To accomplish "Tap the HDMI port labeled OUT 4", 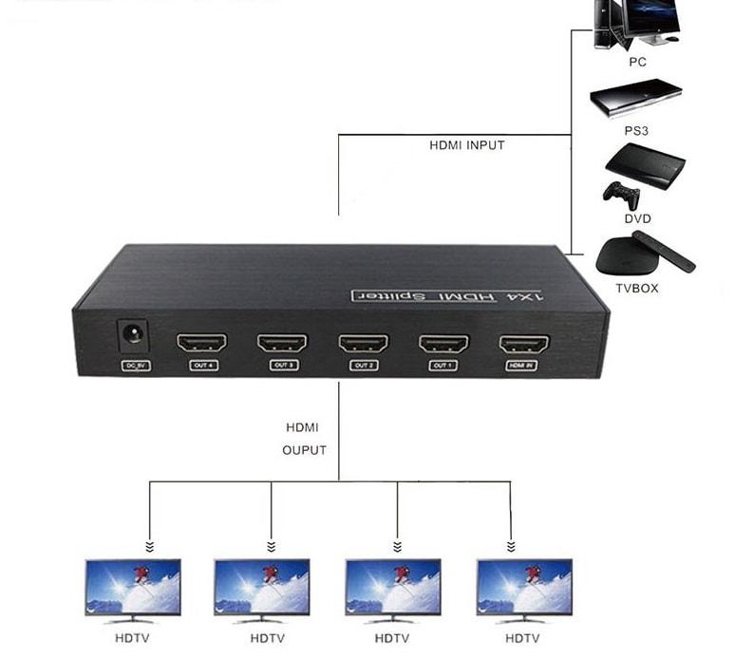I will (x=202, y=342).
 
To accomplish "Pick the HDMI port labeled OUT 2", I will (x=364, y=342).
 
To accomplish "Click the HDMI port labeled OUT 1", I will (x=443, y=342).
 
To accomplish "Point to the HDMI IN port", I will (x=523, y=343).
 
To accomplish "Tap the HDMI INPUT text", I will (x=467, y=145).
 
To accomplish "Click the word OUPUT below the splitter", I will (x=304, y=449).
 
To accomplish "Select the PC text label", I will (x=638, y=62).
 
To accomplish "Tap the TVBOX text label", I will (x=638, y=288).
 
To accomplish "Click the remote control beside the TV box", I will (x=671, y=255).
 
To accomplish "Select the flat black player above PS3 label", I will (x=636, y=96).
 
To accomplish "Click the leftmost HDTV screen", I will (x=133, y=586).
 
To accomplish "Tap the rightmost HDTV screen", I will (x=524, y=586).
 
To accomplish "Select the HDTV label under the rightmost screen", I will (x=524, y=638).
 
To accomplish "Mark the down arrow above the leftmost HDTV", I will (x=149, y=546).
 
